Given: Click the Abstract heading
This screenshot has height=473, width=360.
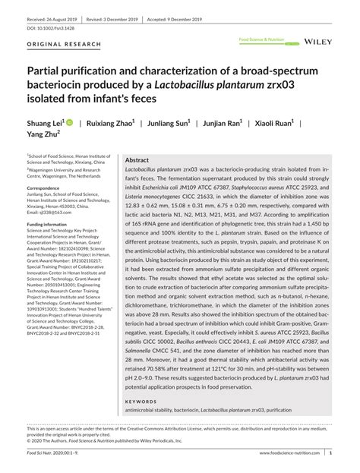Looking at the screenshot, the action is tap(137, 161).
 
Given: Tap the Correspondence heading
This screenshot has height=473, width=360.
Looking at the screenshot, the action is tap(49, 187).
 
